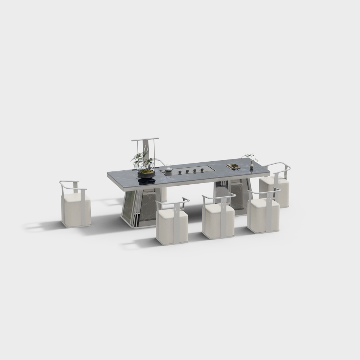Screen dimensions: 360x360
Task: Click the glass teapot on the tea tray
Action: pos(168,168)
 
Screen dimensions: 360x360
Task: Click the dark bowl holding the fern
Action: pos(146,174)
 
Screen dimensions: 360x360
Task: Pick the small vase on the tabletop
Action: pos(251,166)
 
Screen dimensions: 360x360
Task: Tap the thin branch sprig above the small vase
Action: pos(250,157)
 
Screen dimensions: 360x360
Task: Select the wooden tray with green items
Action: pos(233,166)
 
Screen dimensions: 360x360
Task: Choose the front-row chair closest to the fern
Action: pos(172,223)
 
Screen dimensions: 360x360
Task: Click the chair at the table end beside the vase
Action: pos(275,187)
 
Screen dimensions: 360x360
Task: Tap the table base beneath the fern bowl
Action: pos(139,209)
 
